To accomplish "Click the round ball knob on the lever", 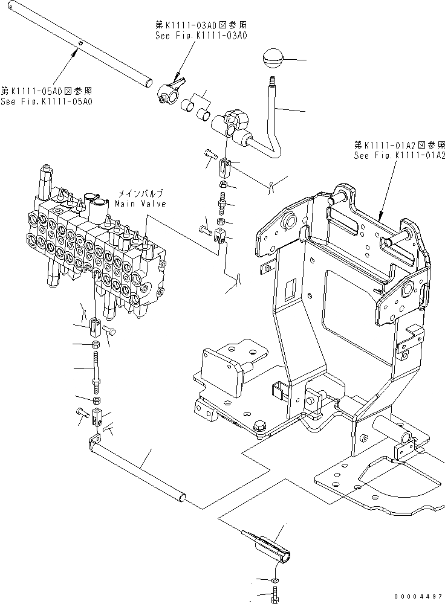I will [273, 60].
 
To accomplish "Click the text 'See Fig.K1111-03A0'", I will [199, 36].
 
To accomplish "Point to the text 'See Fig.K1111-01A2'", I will [400, 155].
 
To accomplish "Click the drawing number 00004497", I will [421, 596].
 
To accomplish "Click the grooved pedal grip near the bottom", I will [267, 544].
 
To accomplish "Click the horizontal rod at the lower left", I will [139, 471].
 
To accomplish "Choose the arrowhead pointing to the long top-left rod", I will [75, 53].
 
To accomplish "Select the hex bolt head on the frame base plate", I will [259, 425].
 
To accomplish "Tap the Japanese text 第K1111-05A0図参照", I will [47, 92].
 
